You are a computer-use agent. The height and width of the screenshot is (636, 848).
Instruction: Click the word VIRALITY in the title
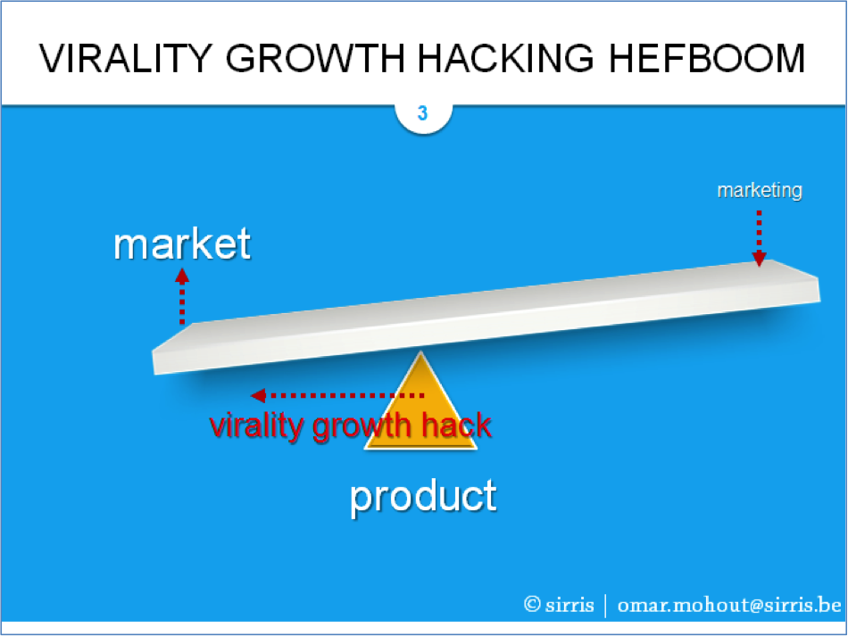click(x=126, y=58)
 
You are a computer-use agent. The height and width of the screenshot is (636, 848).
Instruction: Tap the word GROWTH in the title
click(x=315, y=58)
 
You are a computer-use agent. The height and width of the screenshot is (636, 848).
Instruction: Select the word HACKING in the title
click(x=505, y=58)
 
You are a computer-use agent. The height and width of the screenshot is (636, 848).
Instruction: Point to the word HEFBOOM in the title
click(x=707, y=58)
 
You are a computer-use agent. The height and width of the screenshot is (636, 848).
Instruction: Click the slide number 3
click(x=422, y=113)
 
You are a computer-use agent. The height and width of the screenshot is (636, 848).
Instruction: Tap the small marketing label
click(x=760, y=191)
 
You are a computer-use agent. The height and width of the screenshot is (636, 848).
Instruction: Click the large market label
click(x=182, y=244)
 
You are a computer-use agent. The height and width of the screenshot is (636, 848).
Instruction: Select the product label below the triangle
click(x=423, y=497)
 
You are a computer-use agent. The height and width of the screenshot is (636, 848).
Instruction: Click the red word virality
click(x=257, y=426)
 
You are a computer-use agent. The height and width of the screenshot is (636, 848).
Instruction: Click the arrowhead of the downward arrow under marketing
click(x=760, y=259)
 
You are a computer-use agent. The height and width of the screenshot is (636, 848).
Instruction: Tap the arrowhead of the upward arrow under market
click(x=182, y=277)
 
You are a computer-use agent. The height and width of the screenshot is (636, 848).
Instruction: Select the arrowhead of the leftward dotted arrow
click(x=259, y=395)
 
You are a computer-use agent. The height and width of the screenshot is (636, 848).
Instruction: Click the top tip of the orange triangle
click(x=420, y=352)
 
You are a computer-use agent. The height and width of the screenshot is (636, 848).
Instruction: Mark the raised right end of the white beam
click(x=819, y=290)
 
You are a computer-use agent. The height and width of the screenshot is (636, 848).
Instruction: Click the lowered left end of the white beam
click(x=154, y=362)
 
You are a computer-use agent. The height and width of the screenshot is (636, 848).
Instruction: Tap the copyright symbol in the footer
click(x=532, y=604)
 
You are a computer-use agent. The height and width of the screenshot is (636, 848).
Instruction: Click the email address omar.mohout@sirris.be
click(x=729, y=605)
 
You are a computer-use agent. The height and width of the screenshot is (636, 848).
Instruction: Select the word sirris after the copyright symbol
click(x=569, y=605)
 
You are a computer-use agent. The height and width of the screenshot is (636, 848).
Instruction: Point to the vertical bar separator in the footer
click(x=605, y=606)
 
